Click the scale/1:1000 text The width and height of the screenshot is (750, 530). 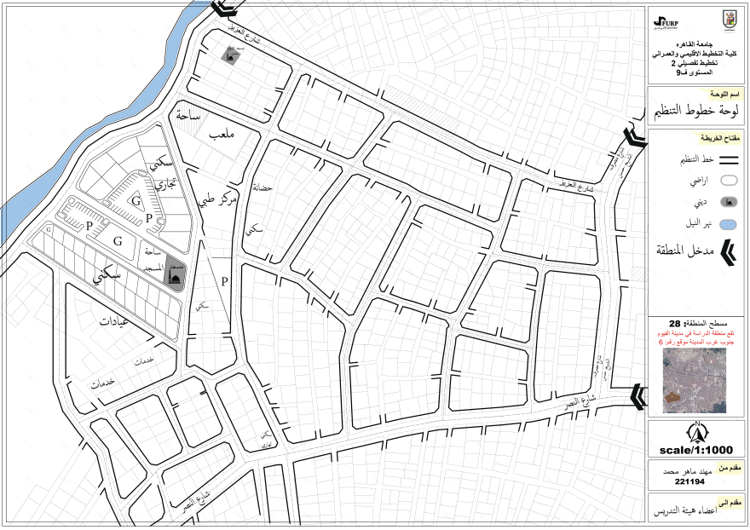696,450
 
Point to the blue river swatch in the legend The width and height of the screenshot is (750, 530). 728,224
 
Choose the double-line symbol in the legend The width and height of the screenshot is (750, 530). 728,159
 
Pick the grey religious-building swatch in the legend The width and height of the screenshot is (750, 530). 728,202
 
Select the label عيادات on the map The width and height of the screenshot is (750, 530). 119,324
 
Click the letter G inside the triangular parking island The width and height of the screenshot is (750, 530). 135,200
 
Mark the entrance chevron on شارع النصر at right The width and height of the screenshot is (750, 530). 637,395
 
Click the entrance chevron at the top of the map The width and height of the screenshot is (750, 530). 224,8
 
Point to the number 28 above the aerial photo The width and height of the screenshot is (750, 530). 675,324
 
